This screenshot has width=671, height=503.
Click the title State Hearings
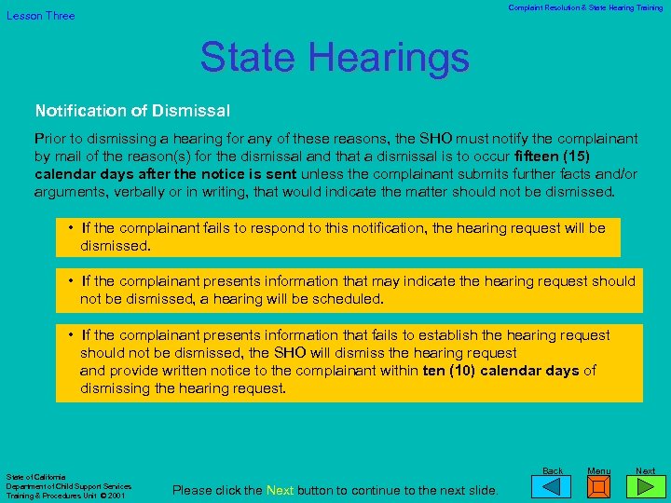335,57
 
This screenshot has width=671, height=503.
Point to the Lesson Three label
41,16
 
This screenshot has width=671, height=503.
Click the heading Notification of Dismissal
132,111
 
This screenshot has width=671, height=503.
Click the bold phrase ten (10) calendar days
500,371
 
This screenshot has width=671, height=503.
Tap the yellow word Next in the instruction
280,490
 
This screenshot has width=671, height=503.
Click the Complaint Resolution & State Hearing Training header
585,7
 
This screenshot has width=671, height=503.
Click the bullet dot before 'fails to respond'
72,228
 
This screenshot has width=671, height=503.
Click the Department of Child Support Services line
69,486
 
